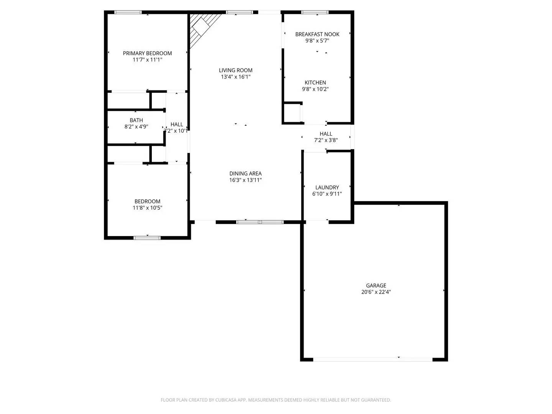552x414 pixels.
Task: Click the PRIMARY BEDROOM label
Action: pos(147,53)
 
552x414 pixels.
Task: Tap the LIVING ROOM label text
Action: pos(235,70)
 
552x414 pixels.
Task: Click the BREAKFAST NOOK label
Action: pos(317,34)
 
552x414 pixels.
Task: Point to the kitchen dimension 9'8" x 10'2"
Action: pos(315,89)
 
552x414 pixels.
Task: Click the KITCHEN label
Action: pos(315,82)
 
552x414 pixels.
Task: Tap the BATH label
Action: pos(136,120)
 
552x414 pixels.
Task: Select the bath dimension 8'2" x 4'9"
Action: pos(136,127)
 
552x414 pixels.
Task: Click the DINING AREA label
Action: pos(245,173)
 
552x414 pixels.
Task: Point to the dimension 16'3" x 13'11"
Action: pos(245,180)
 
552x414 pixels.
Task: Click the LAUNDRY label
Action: pos(327,187)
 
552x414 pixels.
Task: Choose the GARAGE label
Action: pos(376,285)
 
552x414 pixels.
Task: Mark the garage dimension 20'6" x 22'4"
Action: pos(376,292)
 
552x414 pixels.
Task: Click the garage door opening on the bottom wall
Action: pos(373,360)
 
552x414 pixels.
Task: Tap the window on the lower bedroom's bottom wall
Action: pos(147,238)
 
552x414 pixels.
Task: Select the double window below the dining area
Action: pos(260,222)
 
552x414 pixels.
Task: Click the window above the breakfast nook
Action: pos(315,12)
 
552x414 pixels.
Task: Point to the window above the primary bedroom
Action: pos(128,12)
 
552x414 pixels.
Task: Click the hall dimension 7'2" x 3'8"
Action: pos(326,140)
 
